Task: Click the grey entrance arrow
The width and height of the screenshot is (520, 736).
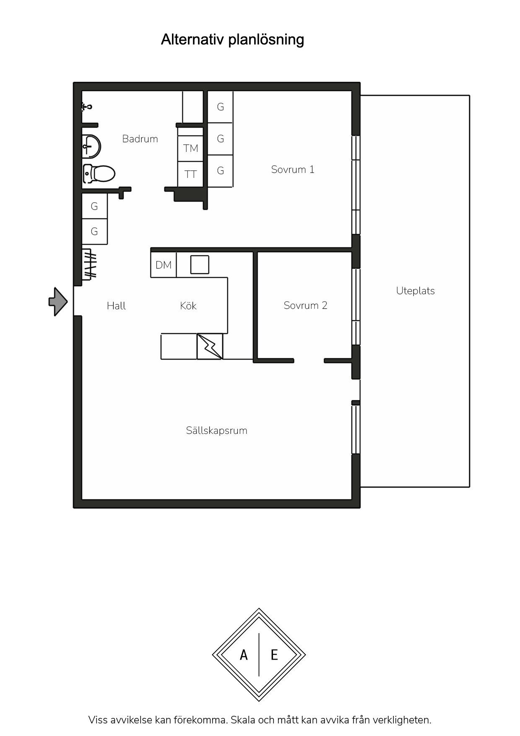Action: point(58,301)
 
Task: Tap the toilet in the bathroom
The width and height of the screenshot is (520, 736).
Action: point(99,174)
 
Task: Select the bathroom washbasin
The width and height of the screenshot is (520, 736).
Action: point(91,146)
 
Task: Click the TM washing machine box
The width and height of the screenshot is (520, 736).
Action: point(190,149)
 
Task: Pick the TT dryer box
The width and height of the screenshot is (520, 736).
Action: point(190,174)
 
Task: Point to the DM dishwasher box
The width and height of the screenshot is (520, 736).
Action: point(164,265)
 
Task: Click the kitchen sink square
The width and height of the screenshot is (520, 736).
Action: point(200,265)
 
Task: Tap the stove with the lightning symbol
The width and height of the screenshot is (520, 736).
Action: point(210,346)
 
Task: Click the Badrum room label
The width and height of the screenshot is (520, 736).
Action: point(140,139)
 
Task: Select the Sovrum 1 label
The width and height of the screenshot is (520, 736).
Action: point(293,170)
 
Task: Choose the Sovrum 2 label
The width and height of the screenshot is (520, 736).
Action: point(305,305)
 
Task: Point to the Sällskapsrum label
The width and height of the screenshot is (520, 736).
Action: point(217,431)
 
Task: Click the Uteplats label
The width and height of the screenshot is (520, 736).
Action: point(416,291)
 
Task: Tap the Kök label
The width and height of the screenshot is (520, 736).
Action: point(188,305)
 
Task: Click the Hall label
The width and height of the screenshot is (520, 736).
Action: point(116,305)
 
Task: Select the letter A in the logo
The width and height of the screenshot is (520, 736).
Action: point(244,655)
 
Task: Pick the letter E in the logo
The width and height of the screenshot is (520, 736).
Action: point(274,655)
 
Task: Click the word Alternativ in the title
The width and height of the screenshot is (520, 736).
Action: point(192,39)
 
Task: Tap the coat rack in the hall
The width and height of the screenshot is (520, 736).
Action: point(89,264)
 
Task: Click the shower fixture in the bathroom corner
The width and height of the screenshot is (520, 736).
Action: point(87,107)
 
